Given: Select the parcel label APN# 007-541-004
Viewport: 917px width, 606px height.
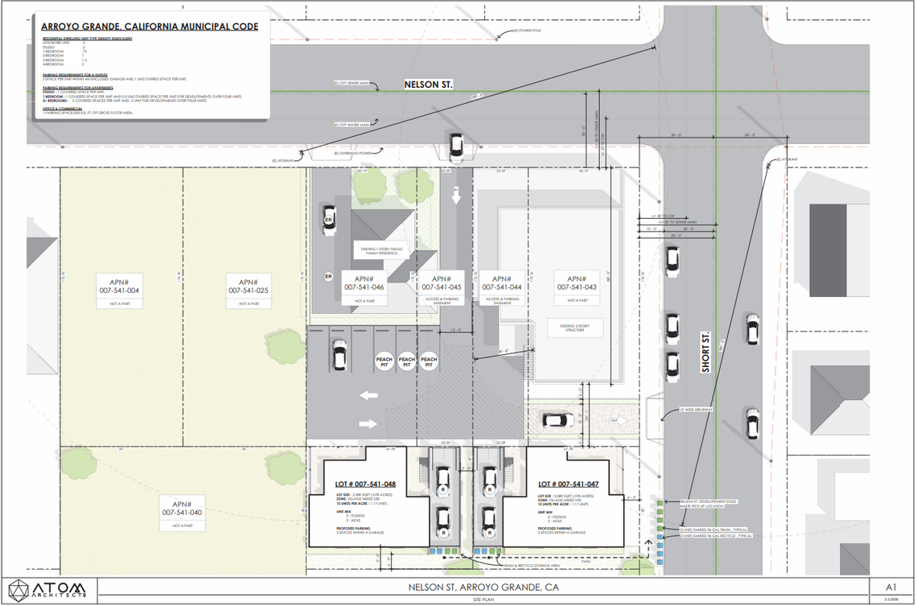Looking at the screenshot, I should (x=120, y=284).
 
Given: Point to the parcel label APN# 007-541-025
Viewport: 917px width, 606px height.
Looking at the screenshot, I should (x=249, y=284).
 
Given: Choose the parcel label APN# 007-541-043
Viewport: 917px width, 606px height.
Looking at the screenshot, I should (x=576, y=282).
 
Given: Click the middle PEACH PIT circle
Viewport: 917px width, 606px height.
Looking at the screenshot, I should (x=407, y=362).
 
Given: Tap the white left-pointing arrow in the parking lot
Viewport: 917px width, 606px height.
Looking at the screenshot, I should (x=368, y=395).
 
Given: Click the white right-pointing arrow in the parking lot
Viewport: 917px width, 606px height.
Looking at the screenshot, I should (x=368, y=423).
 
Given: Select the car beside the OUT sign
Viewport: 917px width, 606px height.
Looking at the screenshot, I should (x=556, y=419).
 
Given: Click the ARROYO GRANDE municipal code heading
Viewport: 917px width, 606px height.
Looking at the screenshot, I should (x=150, y=27).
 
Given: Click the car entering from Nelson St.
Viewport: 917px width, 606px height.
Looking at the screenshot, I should (x=456, y=146).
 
